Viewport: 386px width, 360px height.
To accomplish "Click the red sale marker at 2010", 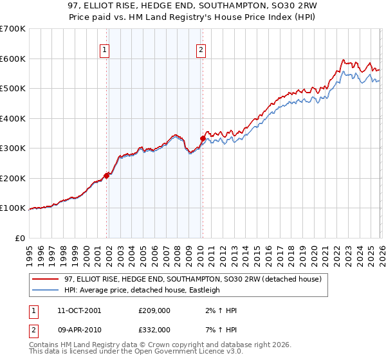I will click(x=203, y=138).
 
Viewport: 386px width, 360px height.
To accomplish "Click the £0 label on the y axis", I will click(x=21, y=238).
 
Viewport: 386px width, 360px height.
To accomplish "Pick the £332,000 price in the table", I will click(x=154, y=329).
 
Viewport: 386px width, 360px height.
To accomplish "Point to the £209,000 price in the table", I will click(x=154, y=310).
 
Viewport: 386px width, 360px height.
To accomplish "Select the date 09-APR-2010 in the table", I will click(x=78, y=329).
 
